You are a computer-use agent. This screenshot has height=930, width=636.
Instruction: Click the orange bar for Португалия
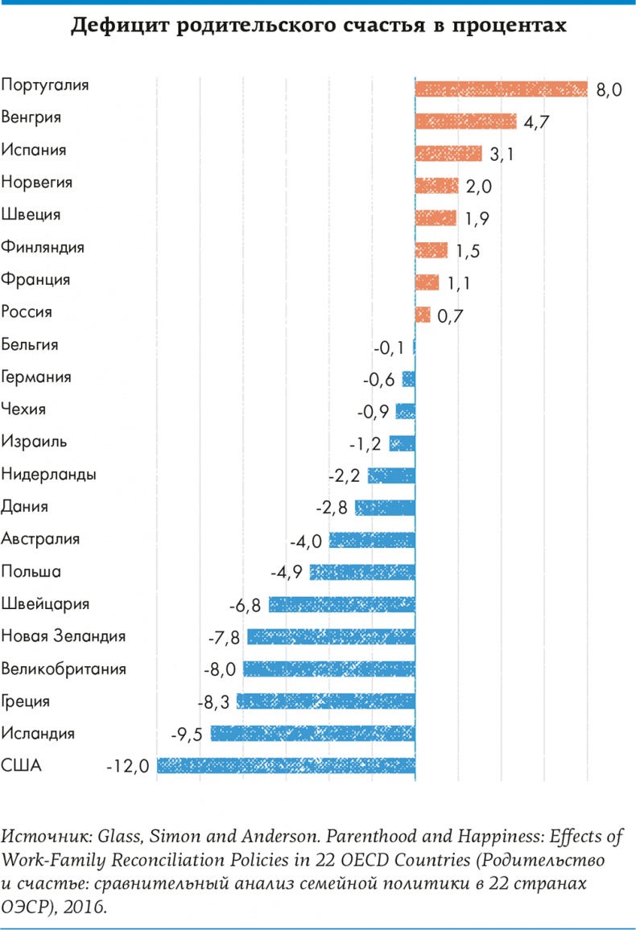tap(501, 88)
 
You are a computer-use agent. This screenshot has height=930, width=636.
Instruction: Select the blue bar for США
tap(286, 765)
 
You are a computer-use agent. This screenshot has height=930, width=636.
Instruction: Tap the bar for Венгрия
tap(465, 121)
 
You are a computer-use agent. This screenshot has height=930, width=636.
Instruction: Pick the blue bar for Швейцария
tap(341, 604)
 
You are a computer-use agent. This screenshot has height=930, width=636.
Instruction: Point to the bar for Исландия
tap(312, 733)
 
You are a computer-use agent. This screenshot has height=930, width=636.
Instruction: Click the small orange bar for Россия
tap(423, 314)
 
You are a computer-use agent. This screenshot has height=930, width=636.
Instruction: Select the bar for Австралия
tap(372, 540)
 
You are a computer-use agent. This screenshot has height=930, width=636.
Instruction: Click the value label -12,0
tap(128, 767)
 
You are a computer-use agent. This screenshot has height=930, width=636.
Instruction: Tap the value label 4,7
tap(536, 122)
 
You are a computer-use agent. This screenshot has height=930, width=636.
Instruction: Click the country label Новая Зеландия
tap(64, 636)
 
